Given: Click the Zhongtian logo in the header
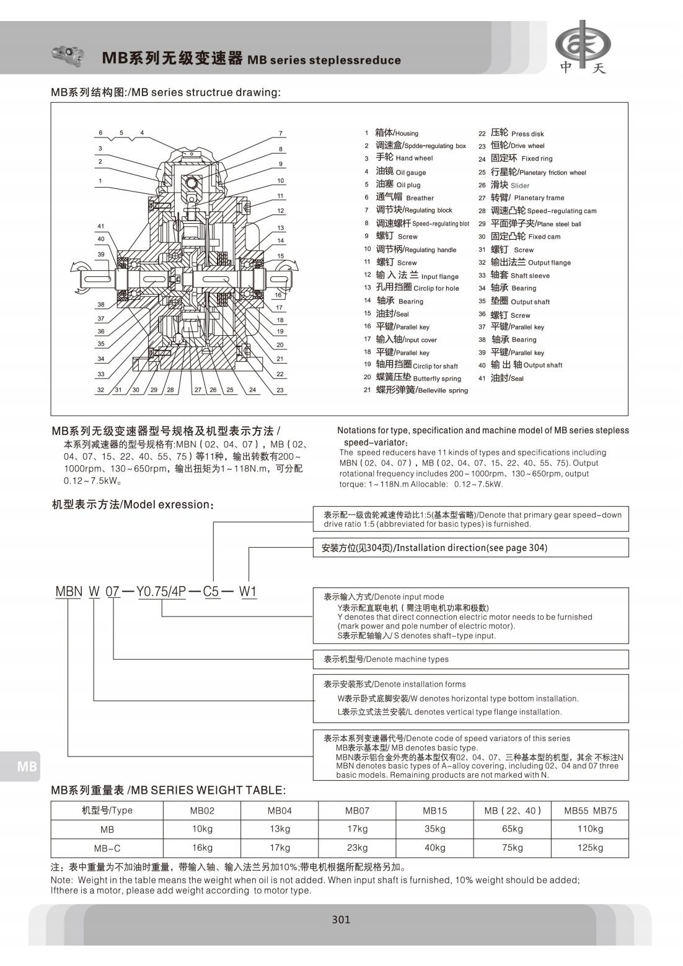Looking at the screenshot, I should pos(582,46).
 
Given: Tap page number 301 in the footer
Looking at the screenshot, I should pos(341,920).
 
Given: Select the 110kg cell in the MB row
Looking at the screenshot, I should pos(589,828).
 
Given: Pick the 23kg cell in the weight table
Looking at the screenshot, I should pos(358,847).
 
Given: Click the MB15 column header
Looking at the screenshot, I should pos(434,810).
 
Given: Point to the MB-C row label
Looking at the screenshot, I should pos(107,848).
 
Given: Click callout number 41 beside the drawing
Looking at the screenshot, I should pos(101,226).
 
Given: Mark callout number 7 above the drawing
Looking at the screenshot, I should pos(280,133).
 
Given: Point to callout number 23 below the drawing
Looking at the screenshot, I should pos(280,390).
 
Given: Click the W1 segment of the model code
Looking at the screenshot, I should pos(248,592).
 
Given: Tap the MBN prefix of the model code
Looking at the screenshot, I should pos(69,592).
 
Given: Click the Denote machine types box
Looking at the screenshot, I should pos(471,659).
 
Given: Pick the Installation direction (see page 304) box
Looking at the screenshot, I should pos(471,548).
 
